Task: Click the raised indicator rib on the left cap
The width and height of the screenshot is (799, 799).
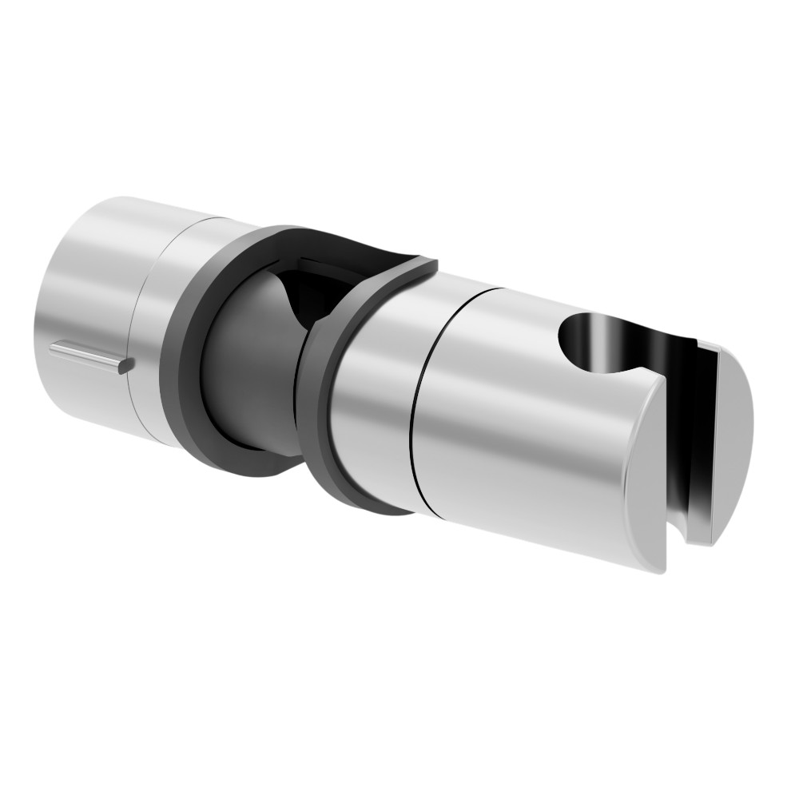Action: coord(84,354)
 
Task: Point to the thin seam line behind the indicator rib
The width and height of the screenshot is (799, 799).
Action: coord(142,336)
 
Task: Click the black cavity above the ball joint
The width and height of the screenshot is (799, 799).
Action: coord(308,288)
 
